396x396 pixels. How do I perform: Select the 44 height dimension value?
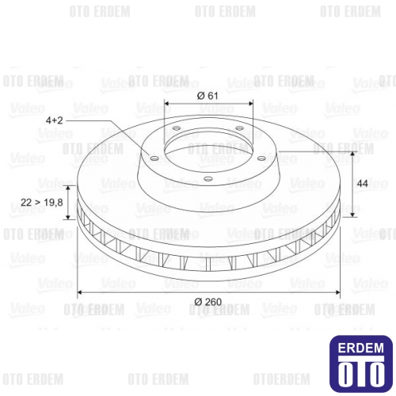pyautogui.click(x=363, y=184)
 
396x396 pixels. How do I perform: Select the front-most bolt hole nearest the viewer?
pyautogui.click(x=207, y=180)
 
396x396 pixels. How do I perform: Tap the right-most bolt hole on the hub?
pyautogui.click(x=258, y=158)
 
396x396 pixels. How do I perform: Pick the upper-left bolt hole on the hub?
pyautogui.click(x=173, y=131)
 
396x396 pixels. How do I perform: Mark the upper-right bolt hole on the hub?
pyautogui.click(x=241, y=131)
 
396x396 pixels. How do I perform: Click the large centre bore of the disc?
pyautogui.click(x=207, y=147)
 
